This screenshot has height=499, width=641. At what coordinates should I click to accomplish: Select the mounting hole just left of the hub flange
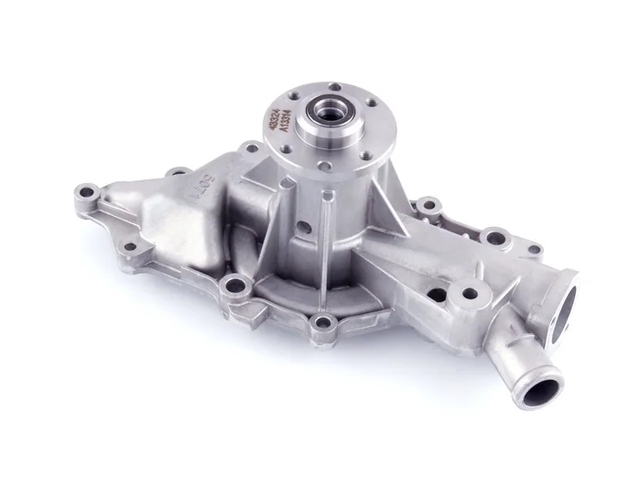point(251,147)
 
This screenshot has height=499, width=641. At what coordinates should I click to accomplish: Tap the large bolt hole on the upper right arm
point(494,239)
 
